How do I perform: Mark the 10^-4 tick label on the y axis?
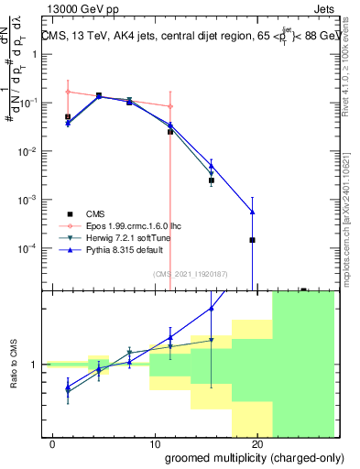click(x=27, y=248)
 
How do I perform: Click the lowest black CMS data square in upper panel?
click(x=252, y=240)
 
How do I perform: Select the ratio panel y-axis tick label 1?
click(x=33, y=365)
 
